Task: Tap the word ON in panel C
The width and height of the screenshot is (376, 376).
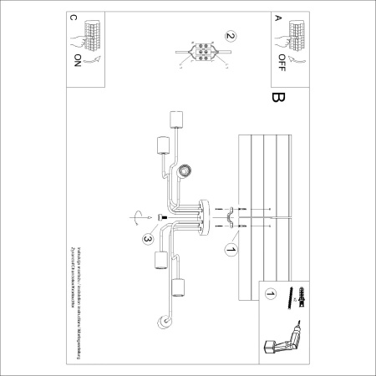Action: tap(78, 60)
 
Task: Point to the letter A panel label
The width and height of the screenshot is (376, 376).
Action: tap(277, 18)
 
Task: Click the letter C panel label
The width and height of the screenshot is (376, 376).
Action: tap(74, 18)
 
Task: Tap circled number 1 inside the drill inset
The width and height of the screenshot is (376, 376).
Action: tap(271, 294)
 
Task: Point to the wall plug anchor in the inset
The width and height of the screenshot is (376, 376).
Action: tap(296, 298)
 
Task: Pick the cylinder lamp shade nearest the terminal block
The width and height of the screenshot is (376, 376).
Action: tap(176, 118)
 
